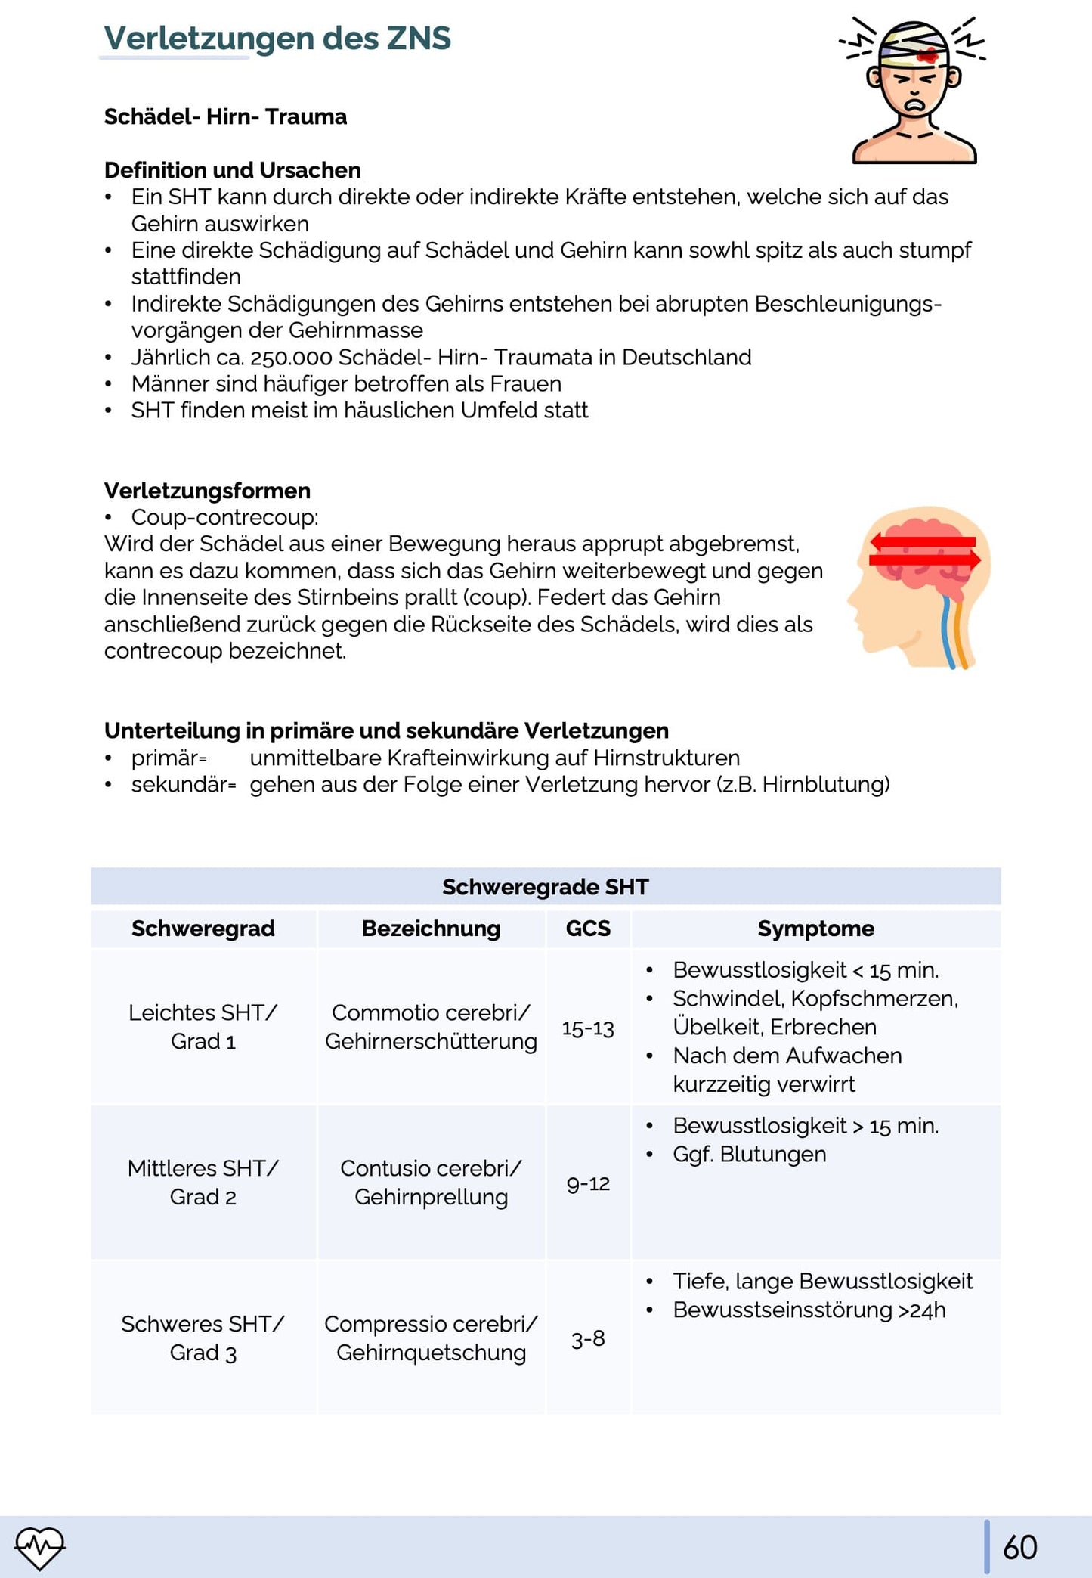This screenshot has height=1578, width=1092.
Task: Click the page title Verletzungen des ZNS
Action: point(277,38)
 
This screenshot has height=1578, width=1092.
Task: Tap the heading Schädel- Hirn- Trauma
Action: point(225,116)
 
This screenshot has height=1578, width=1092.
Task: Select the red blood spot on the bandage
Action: point(927,55)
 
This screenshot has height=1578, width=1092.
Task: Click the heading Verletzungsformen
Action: point(207,491)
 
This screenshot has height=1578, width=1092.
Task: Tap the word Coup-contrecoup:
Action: point(224,517)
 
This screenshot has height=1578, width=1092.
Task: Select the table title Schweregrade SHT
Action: point(545,886)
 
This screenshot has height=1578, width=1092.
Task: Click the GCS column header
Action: point(587,929)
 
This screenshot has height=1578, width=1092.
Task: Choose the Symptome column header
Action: point(815,929)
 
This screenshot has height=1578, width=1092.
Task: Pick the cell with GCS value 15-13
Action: point(587,1028)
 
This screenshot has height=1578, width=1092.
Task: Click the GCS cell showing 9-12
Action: point(587,1183)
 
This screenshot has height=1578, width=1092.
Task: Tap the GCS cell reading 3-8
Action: point(587,1339)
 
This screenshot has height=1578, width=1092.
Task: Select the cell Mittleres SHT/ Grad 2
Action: point(203,1183)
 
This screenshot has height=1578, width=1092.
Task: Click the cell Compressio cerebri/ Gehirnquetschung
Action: point(431,1338)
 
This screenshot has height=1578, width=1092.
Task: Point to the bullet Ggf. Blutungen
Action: point(749,1155)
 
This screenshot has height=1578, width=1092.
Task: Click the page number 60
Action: point(1019,1547)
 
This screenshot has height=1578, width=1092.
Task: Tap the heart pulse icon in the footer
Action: point(40,1547)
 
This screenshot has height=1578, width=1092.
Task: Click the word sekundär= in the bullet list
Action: point(184,785)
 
